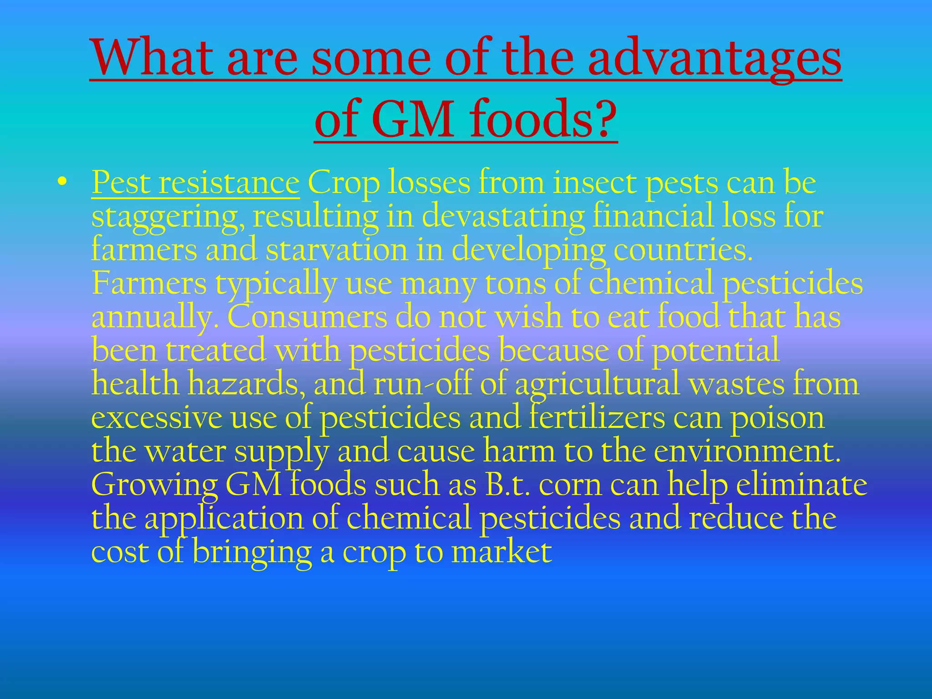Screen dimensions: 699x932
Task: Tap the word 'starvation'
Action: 337,250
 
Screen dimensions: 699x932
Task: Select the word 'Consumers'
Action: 307,317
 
